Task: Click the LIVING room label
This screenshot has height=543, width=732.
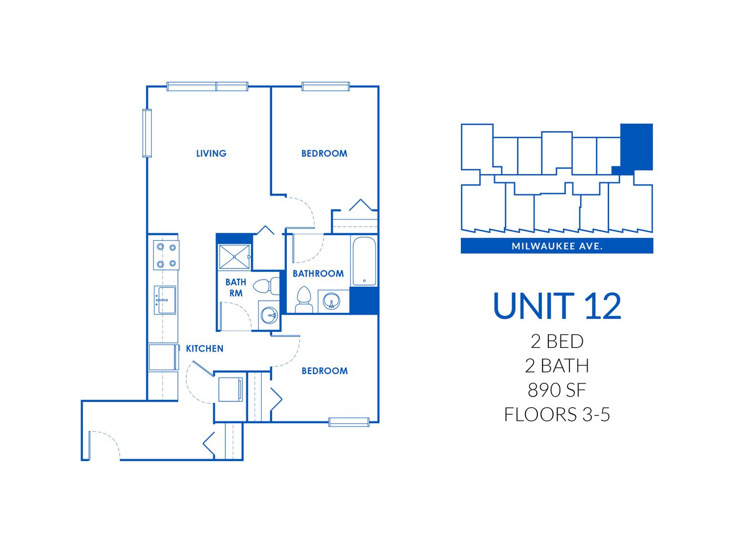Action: point(211,153)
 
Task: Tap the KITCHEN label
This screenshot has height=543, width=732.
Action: point(204,348)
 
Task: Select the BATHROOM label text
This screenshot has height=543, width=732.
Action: point(318,274)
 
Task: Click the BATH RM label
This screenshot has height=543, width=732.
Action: point(235,288)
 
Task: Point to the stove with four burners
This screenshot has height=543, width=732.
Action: point(167,255)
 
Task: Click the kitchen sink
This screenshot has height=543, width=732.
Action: point(165,300)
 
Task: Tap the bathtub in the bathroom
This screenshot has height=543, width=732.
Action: point(364,261)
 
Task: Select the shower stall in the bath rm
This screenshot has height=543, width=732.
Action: point(234,256)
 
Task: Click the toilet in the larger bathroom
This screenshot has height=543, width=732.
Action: point(303,300)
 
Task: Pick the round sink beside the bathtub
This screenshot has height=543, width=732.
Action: point(332,302)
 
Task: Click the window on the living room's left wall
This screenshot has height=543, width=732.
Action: point(147,133)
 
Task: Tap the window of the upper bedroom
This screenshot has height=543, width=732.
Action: point(326,86)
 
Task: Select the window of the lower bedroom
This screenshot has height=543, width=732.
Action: point(349,422)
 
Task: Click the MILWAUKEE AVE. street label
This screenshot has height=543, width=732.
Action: point(557,246)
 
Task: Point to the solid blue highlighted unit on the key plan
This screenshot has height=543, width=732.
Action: point(636,146)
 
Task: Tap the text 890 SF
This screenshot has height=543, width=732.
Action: point(557,390)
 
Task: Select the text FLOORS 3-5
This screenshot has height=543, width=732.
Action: point(557,414)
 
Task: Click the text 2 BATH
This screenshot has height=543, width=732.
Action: point(557,366)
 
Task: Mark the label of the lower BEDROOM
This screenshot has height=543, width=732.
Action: point(324,371)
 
